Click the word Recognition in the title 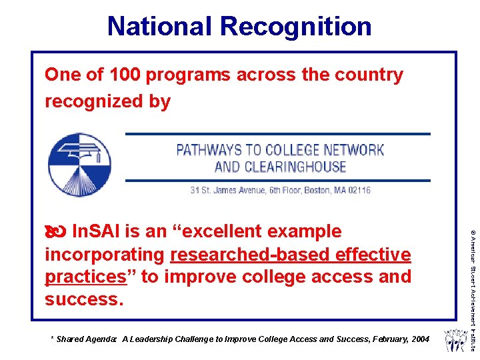point(296,26)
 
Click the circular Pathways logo point(79,164)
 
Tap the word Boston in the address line point(317,190)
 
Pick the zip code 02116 point(357,190)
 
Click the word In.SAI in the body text point(96,231)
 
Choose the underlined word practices point(85,276)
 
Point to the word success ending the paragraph point(83,299)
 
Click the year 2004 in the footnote point(420,339)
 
